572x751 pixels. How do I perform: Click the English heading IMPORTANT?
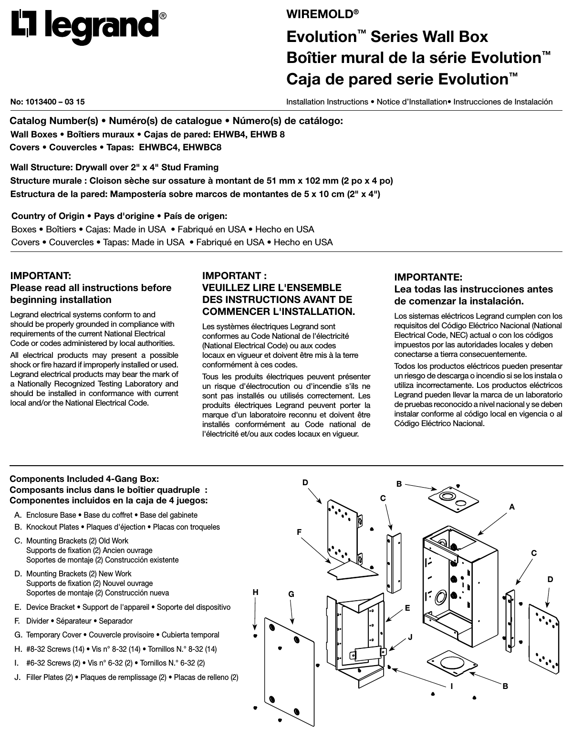pyautogui.click(x=41, y=276)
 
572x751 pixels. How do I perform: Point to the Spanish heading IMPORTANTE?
pyautogui.click(x=428, y=277)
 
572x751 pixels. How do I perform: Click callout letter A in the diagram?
pyautogui.click(x=512, y=508)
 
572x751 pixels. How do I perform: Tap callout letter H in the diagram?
pyautogui.click(x=256, y=592)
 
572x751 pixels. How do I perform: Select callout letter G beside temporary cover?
pyautogui.click(x=291, y=595)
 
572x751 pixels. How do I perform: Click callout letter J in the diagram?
pyautogui.click(x=410, y=637)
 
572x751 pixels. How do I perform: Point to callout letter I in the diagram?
pyautogui.click(x=451, y=686)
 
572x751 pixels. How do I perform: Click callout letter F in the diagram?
pyautogui.click(x=299, y=531)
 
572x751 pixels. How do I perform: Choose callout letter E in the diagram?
pyautogui.click(x=407, y=608)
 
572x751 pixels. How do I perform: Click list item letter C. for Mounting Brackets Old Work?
pyautogui.click(x=18, y=541)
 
